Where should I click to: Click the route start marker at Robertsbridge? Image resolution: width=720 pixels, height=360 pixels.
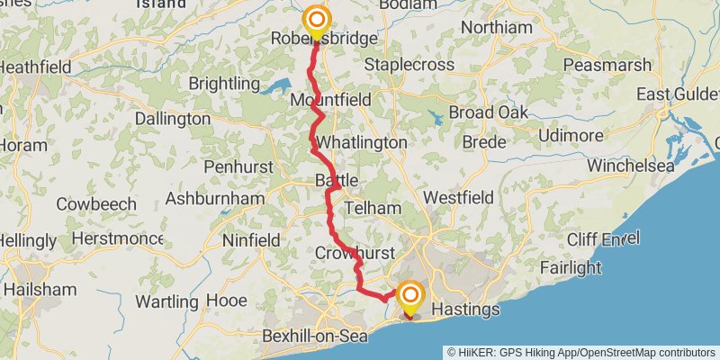pos(316,19)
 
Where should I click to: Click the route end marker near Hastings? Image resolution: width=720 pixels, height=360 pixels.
pos(411,296)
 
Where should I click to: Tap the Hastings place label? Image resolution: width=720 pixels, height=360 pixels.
pos(465,310)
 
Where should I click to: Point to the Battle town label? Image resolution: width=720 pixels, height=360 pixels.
pos(336,181)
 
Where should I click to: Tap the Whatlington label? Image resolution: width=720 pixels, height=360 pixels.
pos(361,143)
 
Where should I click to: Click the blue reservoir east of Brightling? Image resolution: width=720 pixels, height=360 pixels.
pos(276,87)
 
